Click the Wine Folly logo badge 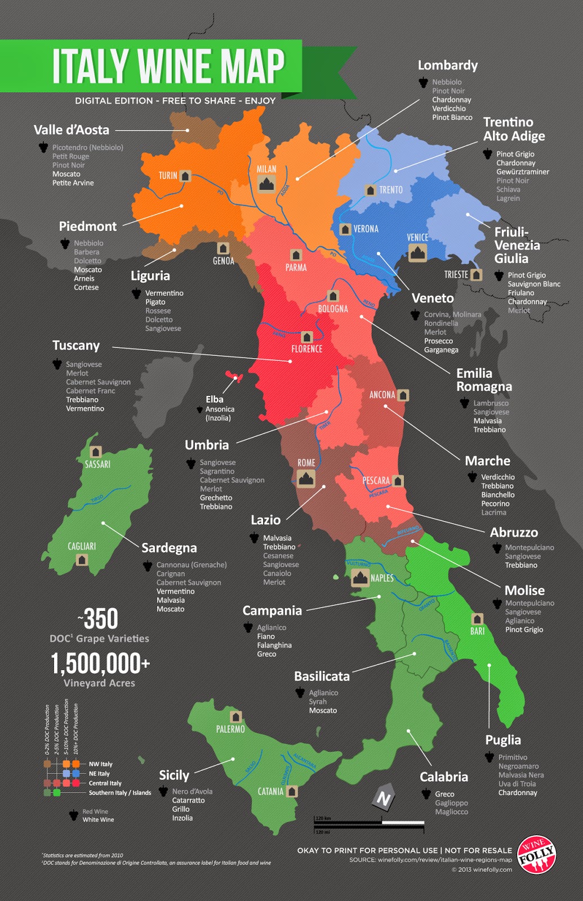click(537, 854)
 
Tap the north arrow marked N click(384, 797)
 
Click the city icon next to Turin click(185, 176)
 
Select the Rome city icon click(306, 479)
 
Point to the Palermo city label click(230, 729)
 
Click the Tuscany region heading click(76, 345)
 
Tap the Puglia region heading click(503, 739)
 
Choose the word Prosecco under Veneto click(438, 341)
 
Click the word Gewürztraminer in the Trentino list click(522, 172)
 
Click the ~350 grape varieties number click(99, 619)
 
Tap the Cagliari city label click(82, 546)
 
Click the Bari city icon click(477, 619)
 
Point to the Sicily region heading click(174, 775)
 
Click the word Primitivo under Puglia click(513, 757)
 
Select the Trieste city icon click(477, 275)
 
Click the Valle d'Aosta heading click(72, 130)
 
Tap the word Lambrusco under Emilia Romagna click(491, 403)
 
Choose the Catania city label click(270, 791)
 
